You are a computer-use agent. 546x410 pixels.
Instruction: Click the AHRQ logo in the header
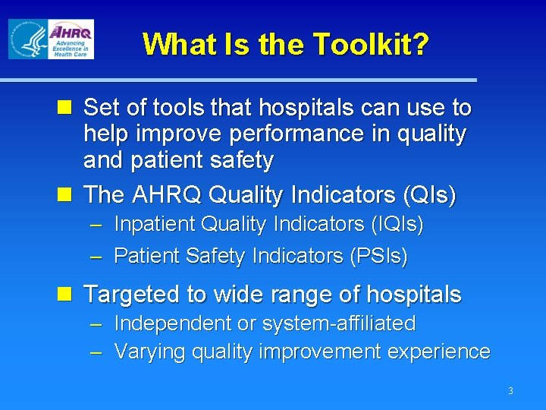[x=71, y=39]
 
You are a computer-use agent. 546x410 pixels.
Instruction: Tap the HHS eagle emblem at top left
[x=27, y=39]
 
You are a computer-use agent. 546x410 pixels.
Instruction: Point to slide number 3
[x=510, y=391]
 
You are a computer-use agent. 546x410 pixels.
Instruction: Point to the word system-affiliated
[x=338, y=323]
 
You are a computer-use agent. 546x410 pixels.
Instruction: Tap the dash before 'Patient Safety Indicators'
[x=96, y=257]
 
